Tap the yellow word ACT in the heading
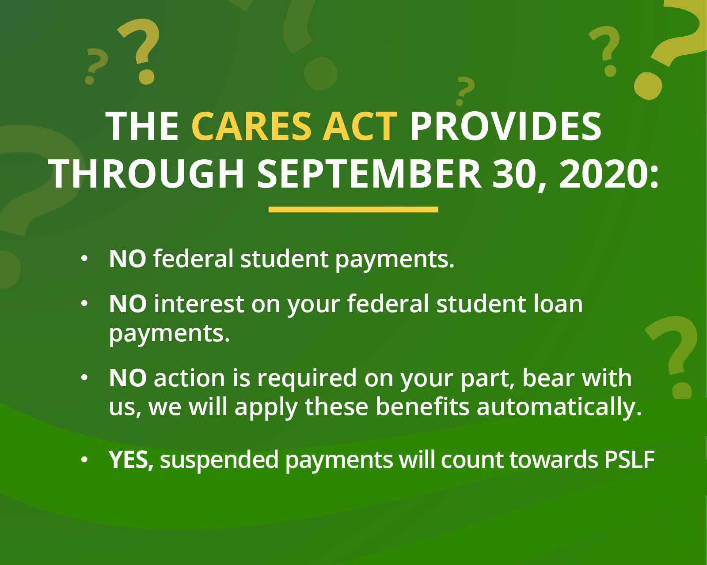360,126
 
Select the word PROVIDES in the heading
506,126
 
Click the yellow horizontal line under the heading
353,210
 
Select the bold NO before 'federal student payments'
128,259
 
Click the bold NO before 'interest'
128,304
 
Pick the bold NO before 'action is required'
128,378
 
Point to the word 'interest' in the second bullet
199,304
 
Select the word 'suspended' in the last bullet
220,460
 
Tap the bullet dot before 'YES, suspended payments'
84,460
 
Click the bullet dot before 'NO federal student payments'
84,258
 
